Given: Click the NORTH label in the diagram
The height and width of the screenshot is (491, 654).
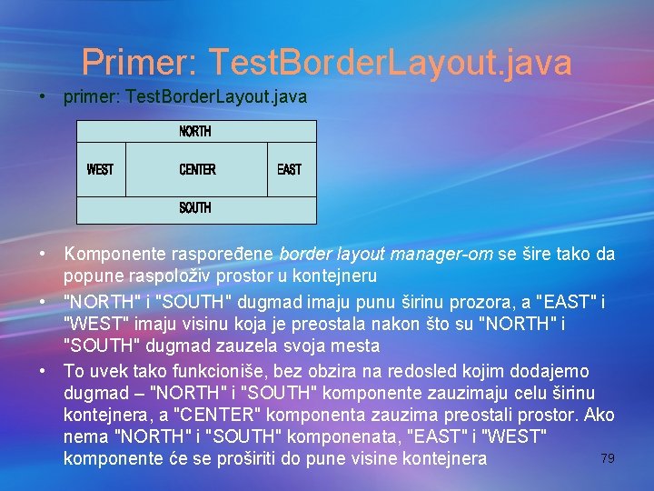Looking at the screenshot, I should point(195,131).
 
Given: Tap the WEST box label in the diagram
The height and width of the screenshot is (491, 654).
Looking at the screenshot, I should point(100,169).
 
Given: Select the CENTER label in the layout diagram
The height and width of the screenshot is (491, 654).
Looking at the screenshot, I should point(197,169).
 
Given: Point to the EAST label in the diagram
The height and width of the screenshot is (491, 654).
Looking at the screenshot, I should point(289,169).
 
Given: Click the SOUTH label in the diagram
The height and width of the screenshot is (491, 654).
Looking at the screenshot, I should point(195,208).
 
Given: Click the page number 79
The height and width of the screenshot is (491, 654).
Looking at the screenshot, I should point(608,458).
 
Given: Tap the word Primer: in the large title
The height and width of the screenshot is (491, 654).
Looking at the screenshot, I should point(139,62).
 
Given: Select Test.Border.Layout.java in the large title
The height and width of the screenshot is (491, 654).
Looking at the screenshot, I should point(390,62).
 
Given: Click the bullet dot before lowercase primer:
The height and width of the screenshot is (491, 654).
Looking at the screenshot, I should point(43,95).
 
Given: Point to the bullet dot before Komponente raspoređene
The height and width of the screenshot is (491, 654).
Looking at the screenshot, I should point(43,254).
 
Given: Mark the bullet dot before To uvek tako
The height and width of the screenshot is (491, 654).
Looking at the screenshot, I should point(43,371).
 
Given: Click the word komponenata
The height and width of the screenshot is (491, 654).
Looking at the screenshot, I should point(296,436).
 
